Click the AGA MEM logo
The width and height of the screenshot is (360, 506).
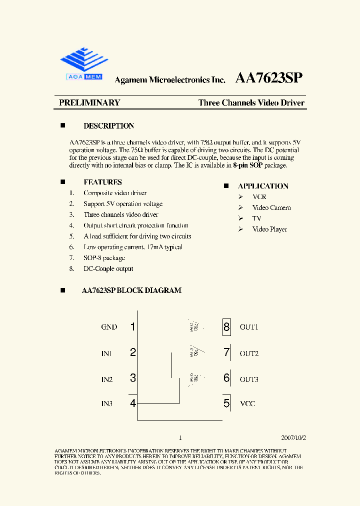pyautogui.click(x=84, y=64)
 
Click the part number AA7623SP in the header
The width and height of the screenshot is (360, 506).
pyautogui.click(x=268, y=78)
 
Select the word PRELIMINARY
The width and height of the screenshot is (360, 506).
pyautogui.click(x=89, y=102)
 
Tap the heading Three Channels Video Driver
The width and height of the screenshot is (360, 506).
pyautogui.click(x=251, y=103)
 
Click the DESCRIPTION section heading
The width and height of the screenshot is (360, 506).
pyautogui.click(x=108, y=126)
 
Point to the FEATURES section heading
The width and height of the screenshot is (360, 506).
pyautogui.click(x=102, y=182)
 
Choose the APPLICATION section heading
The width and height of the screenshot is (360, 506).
pyautogui.click(x=263, y=186)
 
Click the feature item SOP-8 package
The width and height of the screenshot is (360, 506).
pyautogui.click(x=104, y=258)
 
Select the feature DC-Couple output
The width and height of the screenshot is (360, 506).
pyautogui.click(x=108, y=269)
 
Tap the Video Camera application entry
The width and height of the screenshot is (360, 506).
pyautogui.click(x=271, y=207)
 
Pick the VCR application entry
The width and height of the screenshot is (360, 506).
pyautogui.click(x=259, y=197)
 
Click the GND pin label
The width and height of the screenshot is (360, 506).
pyautogui.click(x=109, y=327)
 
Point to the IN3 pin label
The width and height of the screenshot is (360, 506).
pyautogui.click(x=107, y=403)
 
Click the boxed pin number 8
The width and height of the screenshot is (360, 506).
pyautogui.click(x=226, y=327)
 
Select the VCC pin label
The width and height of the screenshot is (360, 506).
pyautogui.click(x=247, y=403)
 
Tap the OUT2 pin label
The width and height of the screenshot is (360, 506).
pyautogui.click(x=249, y=353)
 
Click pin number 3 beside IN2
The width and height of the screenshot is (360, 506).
pyautogui.click(x=132, y=378)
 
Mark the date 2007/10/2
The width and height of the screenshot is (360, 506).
pyautogui.click(x=293, y=437)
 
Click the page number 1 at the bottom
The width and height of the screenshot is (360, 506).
pyautogui.click(x=180, y=437)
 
